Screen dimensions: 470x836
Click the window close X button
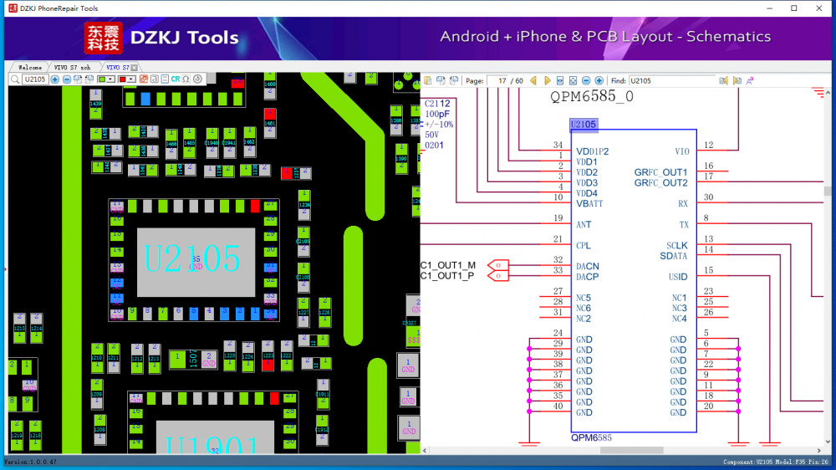(821, 8)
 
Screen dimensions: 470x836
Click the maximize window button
(794, 8)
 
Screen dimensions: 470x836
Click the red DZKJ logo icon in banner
(103, 38)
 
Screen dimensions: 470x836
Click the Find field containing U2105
(671, 81)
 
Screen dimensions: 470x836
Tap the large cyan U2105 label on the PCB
(192, 258)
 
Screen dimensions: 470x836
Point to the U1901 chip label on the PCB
(200, 447)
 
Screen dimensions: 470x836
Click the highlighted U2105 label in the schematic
(584, 125)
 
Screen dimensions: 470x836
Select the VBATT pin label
(589, 204)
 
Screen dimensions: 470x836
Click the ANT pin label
(584, 225)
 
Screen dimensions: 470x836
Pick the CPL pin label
(584, 246)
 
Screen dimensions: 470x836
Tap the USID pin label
(677, 277)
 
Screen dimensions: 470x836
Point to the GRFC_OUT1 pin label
(660, 172)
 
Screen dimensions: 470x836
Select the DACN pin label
(588, 266)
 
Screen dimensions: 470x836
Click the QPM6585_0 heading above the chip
(591, 97)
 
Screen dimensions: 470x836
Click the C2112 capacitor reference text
(437, 104)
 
